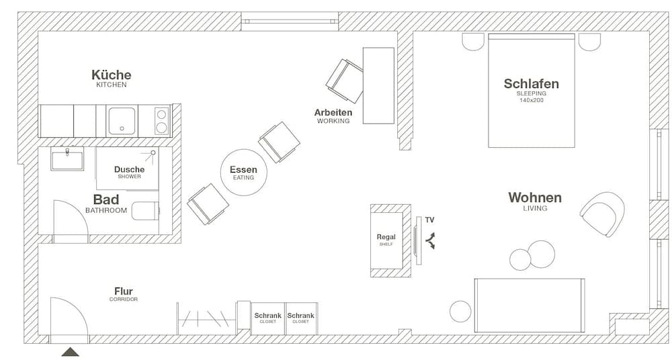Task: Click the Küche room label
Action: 111,75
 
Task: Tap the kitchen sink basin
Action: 122,121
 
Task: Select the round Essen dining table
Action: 243,173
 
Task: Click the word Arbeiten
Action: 333,112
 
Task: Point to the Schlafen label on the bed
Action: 531,84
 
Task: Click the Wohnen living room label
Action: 535,197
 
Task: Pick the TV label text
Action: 429,220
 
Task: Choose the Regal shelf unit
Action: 386,240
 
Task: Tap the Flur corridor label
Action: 123,291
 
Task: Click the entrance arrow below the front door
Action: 70,351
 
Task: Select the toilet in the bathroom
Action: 146,212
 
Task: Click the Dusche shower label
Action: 129,170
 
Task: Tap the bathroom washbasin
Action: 67,160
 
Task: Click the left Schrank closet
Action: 267,318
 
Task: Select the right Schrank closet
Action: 300,318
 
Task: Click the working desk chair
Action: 344,80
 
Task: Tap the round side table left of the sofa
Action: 460,312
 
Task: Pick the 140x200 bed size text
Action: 531,100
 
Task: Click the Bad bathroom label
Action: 106,199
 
